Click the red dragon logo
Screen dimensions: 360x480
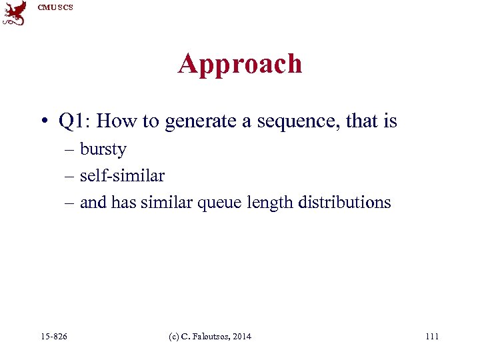(x=15, y=13)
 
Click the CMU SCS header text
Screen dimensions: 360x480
(x=55, y=7)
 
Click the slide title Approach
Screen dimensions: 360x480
(x=240, y=64)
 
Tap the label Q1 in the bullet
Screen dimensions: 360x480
(x=71, y=121)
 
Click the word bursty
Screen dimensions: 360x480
(x=103, y=149)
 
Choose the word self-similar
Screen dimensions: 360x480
(x=122, y=175)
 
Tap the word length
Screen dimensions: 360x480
(x=271, y=202)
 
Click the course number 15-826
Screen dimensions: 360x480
(x=54, y=336)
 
